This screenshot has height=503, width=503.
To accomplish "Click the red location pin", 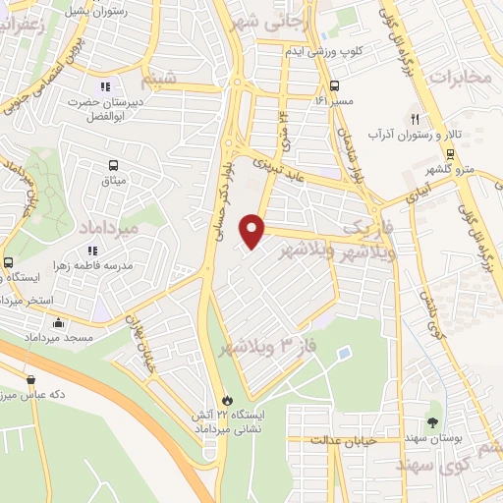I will (x=253, y=231).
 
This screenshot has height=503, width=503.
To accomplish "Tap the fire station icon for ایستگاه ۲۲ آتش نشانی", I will (x=229, y=401).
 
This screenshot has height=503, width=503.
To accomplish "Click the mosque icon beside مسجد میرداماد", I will (x=58, y=322).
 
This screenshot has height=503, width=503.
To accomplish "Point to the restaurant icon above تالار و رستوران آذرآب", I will (x=416, y=118).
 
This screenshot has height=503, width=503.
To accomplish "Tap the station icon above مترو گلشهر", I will (x=449, y=153).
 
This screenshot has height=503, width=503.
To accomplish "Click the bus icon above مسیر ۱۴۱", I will (x=334, y=84).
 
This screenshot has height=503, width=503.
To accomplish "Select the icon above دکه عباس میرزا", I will (x=32, y=379).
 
